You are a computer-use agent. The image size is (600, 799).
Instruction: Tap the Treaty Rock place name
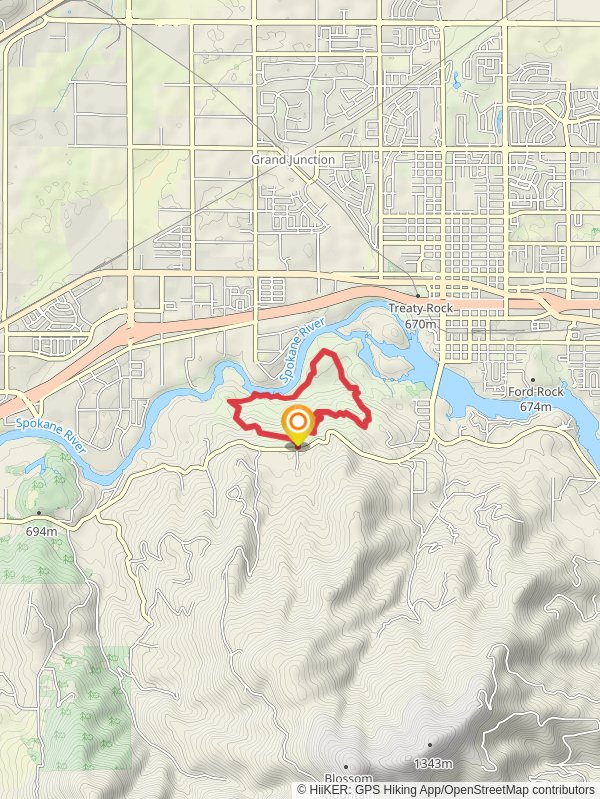421,309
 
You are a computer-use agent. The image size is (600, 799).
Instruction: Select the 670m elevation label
422,324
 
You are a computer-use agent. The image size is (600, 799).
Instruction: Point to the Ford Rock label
536,393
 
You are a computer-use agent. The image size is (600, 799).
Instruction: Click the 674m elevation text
536,407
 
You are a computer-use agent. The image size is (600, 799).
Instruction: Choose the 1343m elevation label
430,764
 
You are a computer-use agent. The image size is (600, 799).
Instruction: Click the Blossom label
348,779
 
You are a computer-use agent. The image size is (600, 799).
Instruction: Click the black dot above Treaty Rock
419,296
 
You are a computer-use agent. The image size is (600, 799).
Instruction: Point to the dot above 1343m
430,745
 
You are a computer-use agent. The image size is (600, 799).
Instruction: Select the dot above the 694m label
39,515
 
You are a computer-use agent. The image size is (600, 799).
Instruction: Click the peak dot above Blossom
346,766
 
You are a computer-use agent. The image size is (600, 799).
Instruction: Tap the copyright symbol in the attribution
302,790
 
